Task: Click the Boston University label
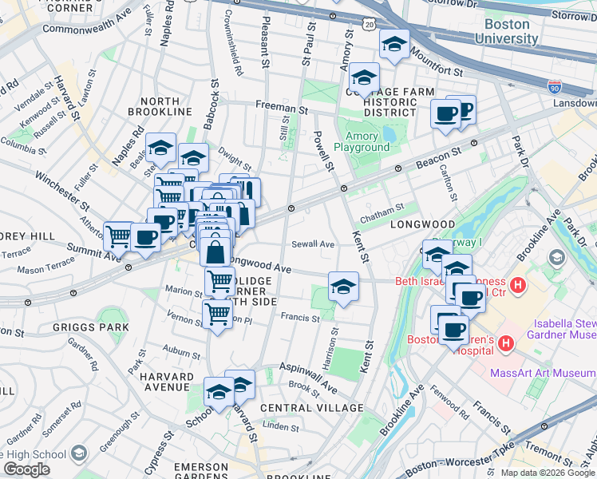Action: click(x=511, y=31)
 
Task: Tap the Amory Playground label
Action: click(x=362, y=141)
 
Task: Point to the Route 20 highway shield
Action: click(x=367, y=26)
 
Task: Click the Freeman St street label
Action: click(x=281, y=105)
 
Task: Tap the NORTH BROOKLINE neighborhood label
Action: click(x=171, y=108)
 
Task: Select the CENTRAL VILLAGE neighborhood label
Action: click(x=311, y=408)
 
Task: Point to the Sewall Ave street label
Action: click(x=313, y=244)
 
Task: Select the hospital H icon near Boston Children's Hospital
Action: click(x=504, y=344)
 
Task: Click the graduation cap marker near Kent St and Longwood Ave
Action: click(x=343, y=287)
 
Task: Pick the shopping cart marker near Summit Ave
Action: click(x=118, y=236)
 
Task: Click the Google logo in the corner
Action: click(x=26, y=469)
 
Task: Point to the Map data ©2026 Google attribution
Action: click(x=547, y=473)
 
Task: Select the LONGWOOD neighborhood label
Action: click(x=422, y=225)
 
